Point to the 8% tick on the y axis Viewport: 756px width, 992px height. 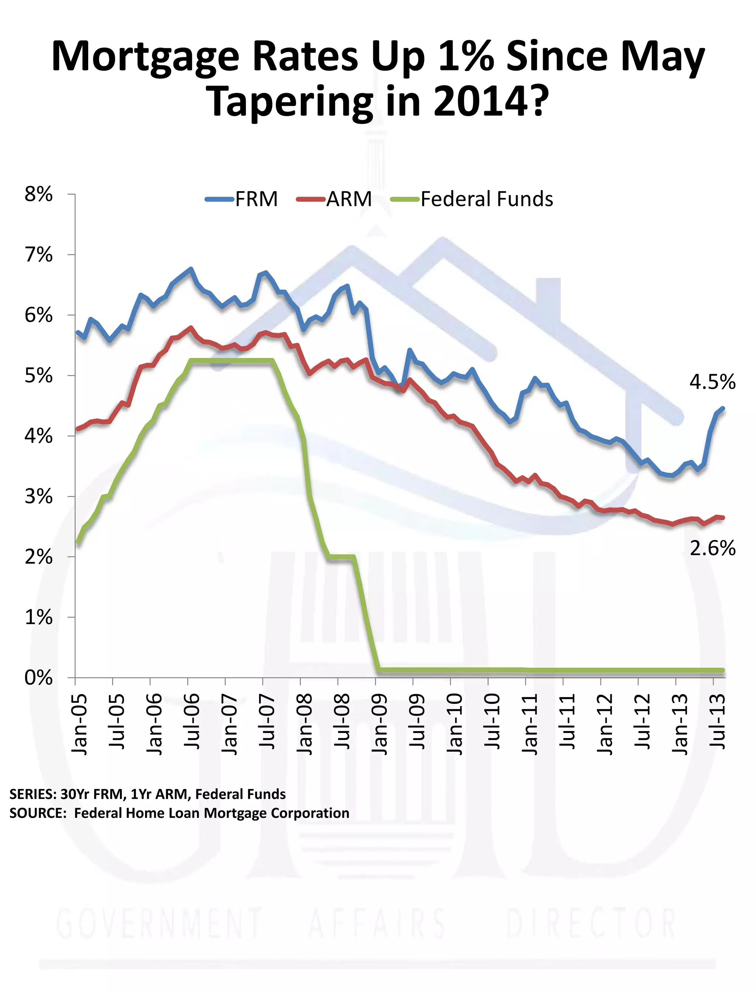coord(38,194)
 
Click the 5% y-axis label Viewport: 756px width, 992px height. coord(38,376)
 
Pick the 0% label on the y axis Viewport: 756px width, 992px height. coord(38,678)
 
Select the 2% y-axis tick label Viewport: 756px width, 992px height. coord(38,557)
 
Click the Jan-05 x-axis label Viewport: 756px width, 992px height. coord(79,724)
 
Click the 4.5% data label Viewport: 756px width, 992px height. coord(712,382)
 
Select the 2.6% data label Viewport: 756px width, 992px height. coord(712,548)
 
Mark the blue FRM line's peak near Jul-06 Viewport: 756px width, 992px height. coord(191,269)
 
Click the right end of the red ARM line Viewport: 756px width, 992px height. coord(723,518)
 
